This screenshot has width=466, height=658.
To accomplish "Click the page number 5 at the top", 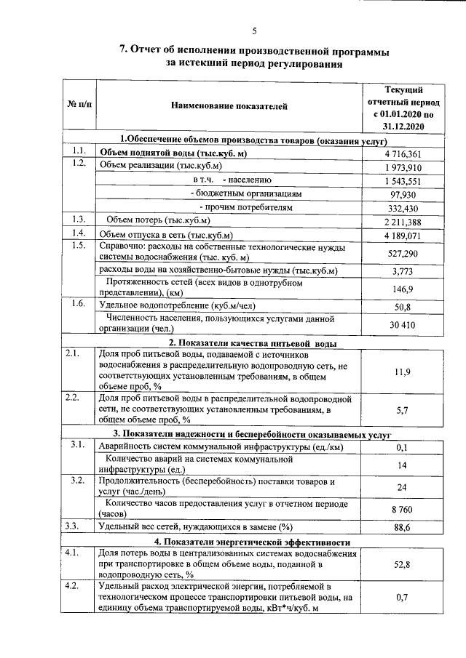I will [x=255, y=31].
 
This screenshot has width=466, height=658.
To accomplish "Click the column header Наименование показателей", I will [x=229, y=107].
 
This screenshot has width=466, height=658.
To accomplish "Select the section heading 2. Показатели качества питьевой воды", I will [x=252, y=343].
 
